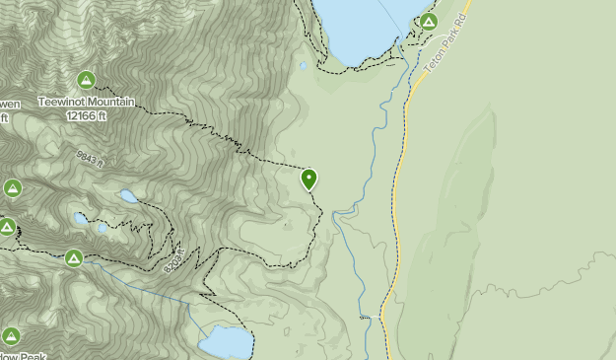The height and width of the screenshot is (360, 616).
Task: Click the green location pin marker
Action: [x=309, y=179]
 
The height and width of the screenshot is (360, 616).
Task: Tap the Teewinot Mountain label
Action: [x=87, y=103]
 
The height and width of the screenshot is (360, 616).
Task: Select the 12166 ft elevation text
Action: [x=87, y=115]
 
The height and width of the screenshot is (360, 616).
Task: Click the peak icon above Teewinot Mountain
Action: [x=87, y=80]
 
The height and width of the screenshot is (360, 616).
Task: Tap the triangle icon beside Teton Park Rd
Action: [x=428, y=21]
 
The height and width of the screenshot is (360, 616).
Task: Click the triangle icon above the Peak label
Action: [x=11, y=337]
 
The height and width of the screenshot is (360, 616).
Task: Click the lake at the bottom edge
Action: [x=226, y=343]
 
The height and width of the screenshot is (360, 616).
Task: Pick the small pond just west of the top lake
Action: [x=304, y=67]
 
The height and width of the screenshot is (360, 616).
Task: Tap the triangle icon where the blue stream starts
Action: [x=74, y=258]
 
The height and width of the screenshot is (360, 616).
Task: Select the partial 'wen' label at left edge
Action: [x=7, y=104]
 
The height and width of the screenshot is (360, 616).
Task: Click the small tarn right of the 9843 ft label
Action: [x=129, y=196]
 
